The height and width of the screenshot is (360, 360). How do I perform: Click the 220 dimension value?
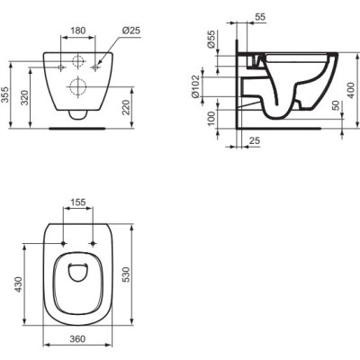136,108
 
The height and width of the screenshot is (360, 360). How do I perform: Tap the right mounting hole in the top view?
93,244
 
